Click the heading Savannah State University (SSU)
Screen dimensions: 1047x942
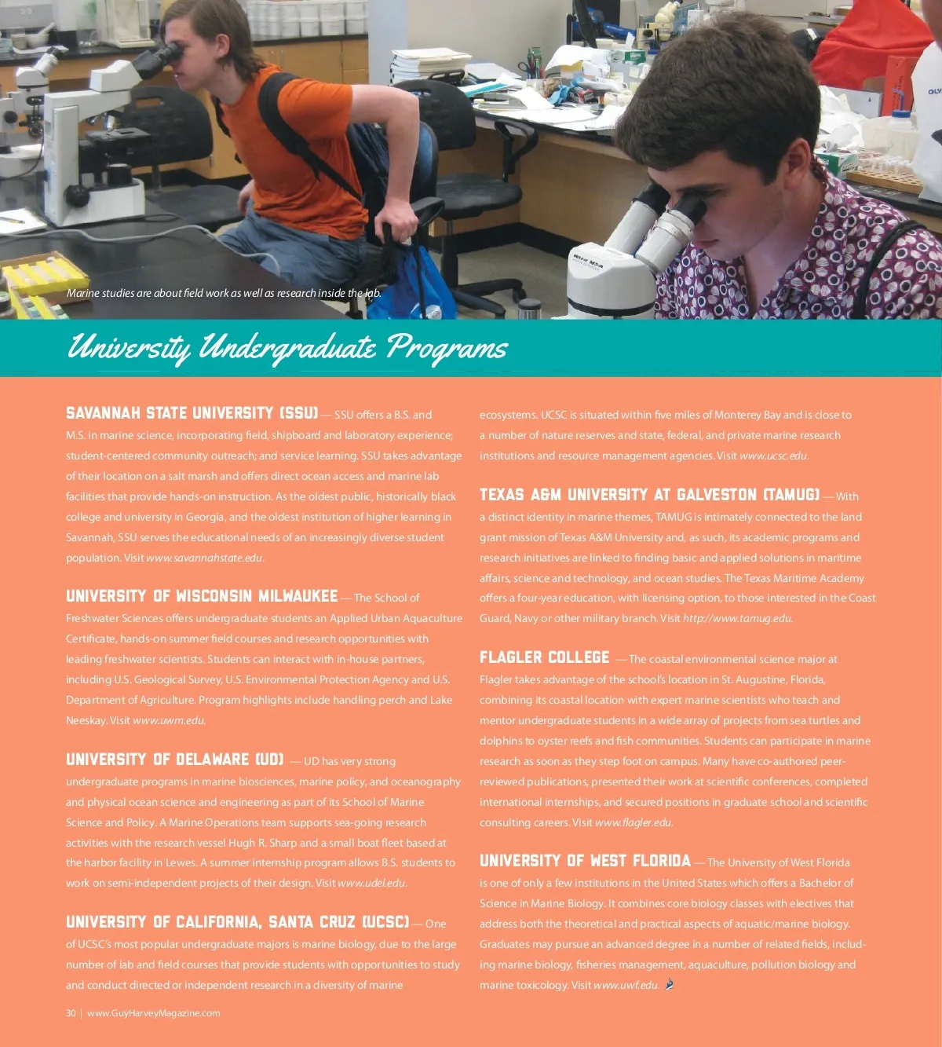click(x=192, y=413)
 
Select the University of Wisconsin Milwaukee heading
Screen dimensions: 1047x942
click(x=202, y=596)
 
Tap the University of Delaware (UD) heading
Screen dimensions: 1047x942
click(x=175, y=760)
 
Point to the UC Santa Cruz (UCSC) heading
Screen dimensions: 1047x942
click(x=237, y=922)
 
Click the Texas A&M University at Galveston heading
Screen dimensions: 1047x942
click(x=649, y=495)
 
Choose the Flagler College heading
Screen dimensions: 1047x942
click(x=544, y=657)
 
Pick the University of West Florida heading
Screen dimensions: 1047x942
click(x=585, y=861)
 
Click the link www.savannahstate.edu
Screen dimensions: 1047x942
click(x=204, y=558)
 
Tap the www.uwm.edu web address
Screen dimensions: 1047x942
click(x=169, y=721)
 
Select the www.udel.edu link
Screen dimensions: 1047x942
click(x=371, y=884)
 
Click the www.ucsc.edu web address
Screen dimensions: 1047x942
click(x=772, y=456)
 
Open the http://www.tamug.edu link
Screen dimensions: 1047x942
click(x=737, y=619)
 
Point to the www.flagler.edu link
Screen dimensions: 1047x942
click(x=633, y=823)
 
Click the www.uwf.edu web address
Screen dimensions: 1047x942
click(x=626, y=986)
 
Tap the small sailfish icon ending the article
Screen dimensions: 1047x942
click(x=669, y=984)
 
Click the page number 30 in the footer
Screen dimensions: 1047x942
click(x=71, y=1013)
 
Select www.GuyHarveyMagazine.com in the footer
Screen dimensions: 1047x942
click(x=154, y=1013)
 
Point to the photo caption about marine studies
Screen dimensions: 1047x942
click(x=224, y=294)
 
